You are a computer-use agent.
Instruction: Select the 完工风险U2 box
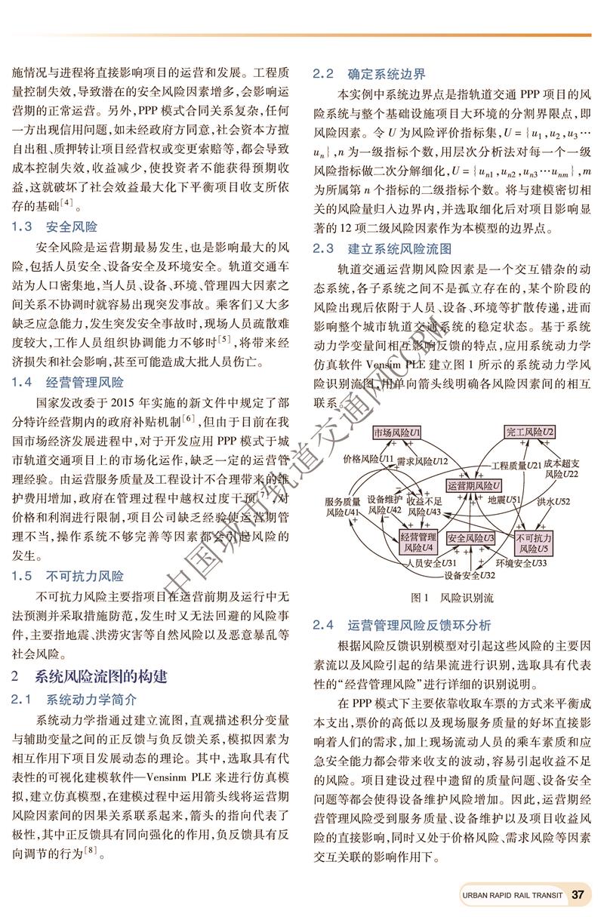tap(529, 432)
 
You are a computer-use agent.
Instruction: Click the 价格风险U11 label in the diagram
tap(368, 458)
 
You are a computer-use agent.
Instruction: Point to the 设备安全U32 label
tap(470, 575)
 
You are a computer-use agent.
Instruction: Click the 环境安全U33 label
tap(521, 563)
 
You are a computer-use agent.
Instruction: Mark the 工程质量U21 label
tap(516, 465)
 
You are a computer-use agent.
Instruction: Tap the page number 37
tap(579, 894)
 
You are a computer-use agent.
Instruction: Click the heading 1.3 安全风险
tap(54, 226)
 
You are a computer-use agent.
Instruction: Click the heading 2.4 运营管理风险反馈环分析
tap(402, 625)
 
